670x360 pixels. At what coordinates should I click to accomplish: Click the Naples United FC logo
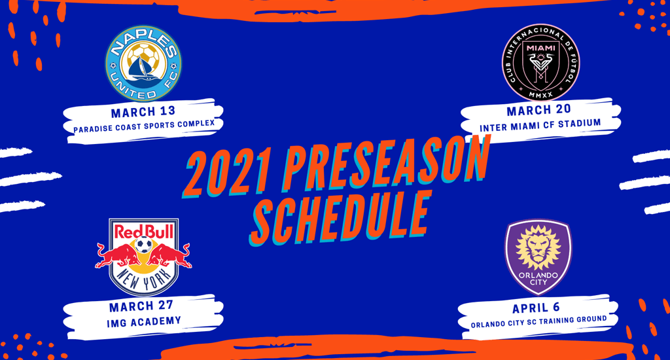143,63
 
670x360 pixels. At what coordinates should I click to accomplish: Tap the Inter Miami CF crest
540,62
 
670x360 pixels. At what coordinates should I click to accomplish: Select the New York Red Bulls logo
143,257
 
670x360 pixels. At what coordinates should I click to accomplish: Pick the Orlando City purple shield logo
538,257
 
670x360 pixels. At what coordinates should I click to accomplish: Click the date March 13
143,111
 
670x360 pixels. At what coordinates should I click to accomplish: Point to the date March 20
538,110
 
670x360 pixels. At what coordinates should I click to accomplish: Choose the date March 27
141,306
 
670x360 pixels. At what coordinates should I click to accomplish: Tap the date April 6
536,308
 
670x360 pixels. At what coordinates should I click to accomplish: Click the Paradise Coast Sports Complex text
144,126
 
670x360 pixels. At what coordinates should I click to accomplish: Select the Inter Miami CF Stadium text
540,126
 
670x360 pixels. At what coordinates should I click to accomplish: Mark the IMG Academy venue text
144,321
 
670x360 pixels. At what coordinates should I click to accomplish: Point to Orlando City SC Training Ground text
538,321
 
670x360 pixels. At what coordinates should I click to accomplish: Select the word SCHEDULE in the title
340,218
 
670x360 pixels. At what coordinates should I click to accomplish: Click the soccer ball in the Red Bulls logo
143,245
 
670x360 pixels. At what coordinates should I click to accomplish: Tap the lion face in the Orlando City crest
538,249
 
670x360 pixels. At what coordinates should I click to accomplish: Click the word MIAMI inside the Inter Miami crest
541,48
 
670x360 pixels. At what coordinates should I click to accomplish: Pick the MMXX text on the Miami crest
540,94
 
